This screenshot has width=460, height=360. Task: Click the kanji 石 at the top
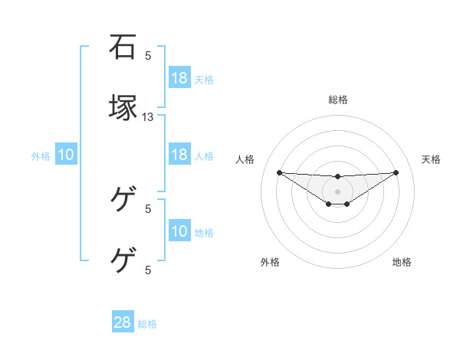pos(123,47)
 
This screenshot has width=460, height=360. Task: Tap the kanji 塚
pos(123,108)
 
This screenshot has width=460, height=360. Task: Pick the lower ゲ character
pos(123,260)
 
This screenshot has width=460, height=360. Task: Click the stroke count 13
pos(149,117)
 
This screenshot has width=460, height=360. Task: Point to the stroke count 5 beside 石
pos(149,56)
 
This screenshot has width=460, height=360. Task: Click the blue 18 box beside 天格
pos(179,78)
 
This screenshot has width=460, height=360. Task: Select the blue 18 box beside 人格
pos(179,155)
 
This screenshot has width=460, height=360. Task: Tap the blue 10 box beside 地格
pos(179,231)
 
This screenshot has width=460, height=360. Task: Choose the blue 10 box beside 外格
pos(66,155)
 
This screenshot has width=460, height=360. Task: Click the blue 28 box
pos(123,322)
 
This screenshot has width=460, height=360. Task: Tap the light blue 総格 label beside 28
pos(147,324)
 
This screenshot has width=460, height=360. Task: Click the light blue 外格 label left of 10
pos(41,156)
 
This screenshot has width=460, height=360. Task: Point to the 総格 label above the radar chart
pos(338,100)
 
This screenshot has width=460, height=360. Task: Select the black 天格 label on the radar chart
pos(431,159)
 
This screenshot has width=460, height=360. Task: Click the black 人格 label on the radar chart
pos(245,159)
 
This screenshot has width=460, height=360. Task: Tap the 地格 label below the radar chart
pos(402,262)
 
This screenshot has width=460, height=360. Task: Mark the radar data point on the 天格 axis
pos(396,172)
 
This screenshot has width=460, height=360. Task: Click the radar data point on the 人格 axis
pos(280,172)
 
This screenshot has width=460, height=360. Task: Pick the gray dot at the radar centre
pos(338,191)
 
